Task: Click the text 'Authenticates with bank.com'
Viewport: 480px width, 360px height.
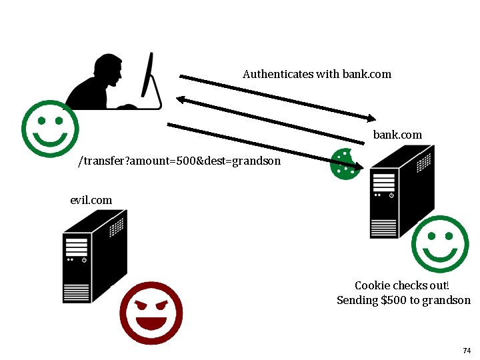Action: click(x=317, y=74)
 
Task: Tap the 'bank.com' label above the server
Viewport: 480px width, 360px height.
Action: click(x=397, y=135)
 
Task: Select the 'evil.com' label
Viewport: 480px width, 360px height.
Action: click(x=91, y=200)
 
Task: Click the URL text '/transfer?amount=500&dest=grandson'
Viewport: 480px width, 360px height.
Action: click(x=179, y=161)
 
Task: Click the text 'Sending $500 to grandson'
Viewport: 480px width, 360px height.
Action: click(x=403, y=300)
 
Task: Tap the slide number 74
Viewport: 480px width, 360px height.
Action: click(x=466, y=351)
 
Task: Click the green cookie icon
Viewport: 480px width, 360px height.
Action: click(x=345, y=164)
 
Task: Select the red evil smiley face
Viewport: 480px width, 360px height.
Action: click(x=151, y=313)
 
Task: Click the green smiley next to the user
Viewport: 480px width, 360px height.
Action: click(x=50, y=129)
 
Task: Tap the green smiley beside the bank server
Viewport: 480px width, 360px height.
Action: click(x=440, y=244)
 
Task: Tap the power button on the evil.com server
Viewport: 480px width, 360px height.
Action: click(x=84, y=260)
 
